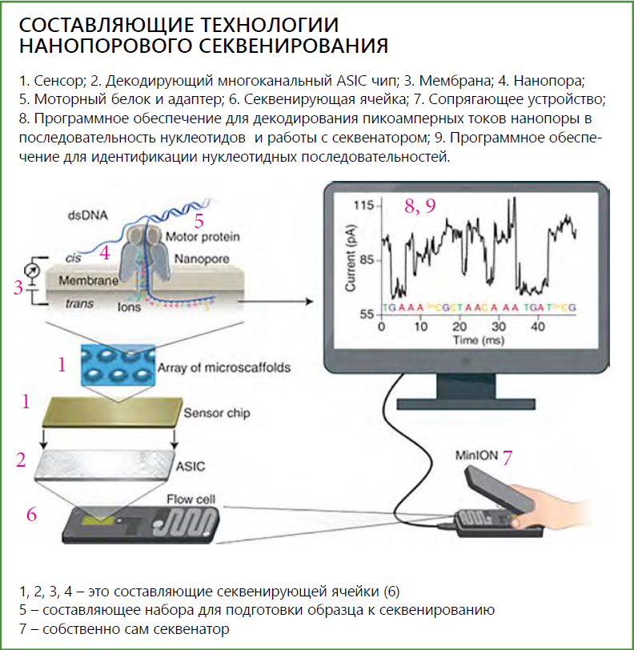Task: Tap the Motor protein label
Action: (x=203, y=237)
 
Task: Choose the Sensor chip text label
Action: (x=217, y=413)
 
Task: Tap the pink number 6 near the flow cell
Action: (x=31, y=514)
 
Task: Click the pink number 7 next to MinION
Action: (x=507, y=457)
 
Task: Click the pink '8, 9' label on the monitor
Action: (x=419, y=206)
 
